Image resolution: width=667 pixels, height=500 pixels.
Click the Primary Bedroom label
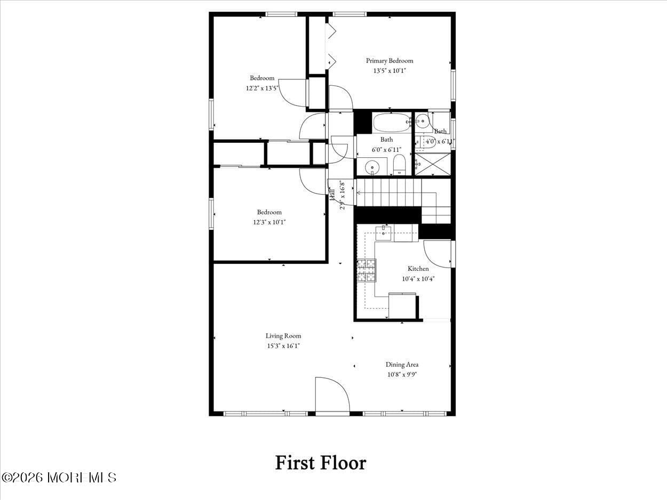pyautogui.click(x=389, y=61)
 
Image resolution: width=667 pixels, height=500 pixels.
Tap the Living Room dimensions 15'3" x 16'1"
pyautogui.click(x=283, y=346)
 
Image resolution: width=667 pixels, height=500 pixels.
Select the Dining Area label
pyautogui.click(x=402, y=365)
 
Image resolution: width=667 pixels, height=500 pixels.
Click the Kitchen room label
pyautogui.click(x=418, y=269)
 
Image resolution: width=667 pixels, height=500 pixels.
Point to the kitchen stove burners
pyautogui.click(x=366, y=270)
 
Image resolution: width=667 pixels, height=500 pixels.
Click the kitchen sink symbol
pyautogui.click(x=383, y=232)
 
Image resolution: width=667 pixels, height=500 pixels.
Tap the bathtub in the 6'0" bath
pyautogui.click(x=391, y=123)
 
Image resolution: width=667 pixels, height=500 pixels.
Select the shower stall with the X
pyautogui.click(x=433, y=164)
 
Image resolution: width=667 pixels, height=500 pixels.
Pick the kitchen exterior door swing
pyautogui.click(x=438, y=254)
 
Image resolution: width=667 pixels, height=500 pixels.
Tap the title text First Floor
pyautogui.click(x=320, y=462)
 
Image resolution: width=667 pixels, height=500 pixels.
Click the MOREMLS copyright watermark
pyautogui.click(x=59, y=477)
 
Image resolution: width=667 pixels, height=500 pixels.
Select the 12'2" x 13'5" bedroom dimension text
pyautogui.click(x=262, y=88)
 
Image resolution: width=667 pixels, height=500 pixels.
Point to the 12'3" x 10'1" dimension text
pyautogui.click(x=269, y=222)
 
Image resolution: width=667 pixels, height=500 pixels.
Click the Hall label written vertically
pyautogui.click(x=332, y=193)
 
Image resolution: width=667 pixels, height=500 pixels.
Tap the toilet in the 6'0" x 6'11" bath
pyautogui.click(x=399, y=165)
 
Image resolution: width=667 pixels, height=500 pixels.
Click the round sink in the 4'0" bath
pyautogui.click(x=423, y=122)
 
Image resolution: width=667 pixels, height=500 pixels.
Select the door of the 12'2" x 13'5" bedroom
pyautogui.click(x=293, y=93)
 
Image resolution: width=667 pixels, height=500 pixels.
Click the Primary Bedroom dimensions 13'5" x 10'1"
pyautogui.click(x=389, y=70)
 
